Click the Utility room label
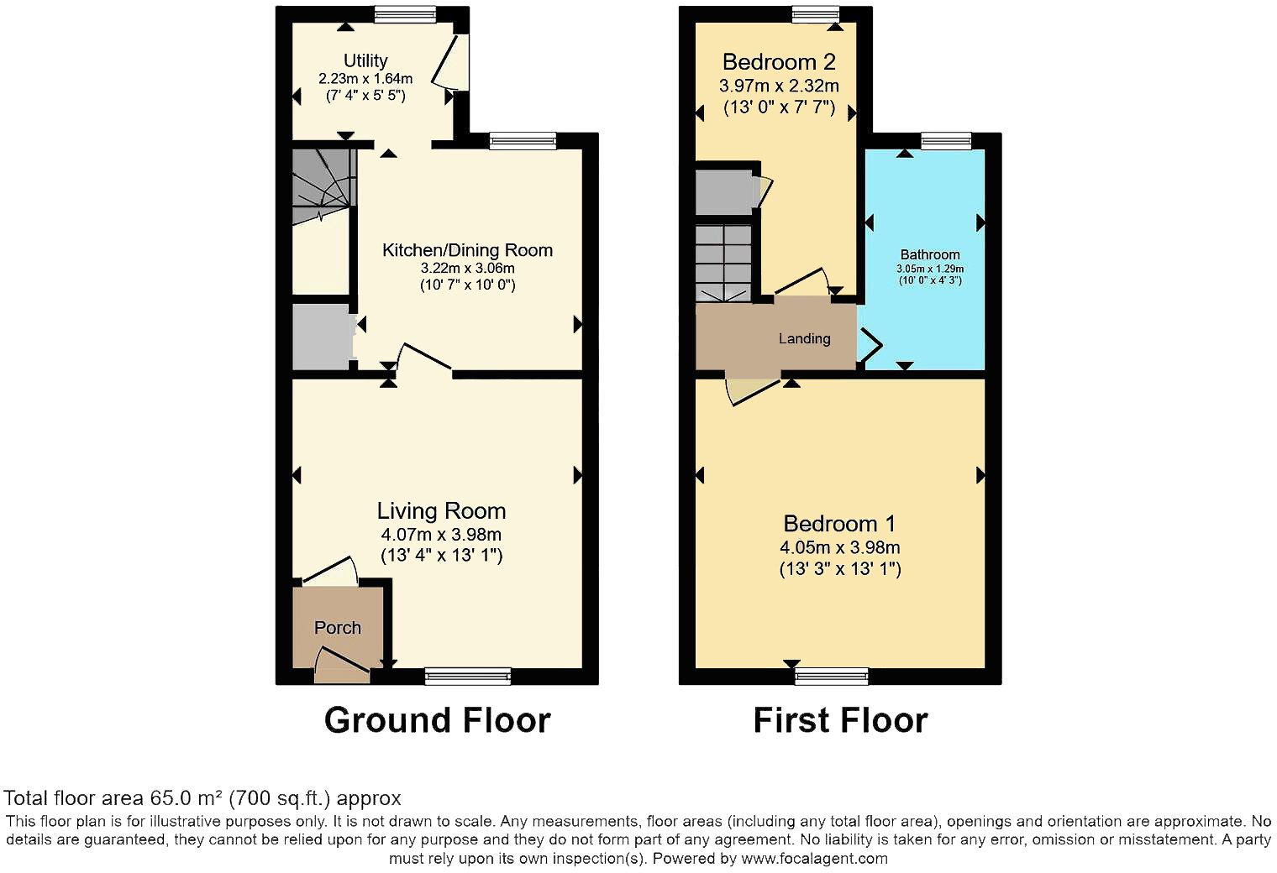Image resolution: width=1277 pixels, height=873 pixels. coord(365,60)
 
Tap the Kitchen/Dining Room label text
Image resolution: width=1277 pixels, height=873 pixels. coord(467,249)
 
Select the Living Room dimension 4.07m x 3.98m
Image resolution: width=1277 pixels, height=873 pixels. coord(441,534)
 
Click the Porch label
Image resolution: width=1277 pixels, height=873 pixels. coord(338,627)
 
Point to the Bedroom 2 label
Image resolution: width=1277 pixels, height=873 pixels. coord(779,62)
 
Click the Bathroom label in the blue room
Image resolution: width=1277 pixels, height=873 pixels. coord(929,254)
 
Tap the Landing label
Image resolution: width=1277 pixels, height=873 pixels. coord(804,338)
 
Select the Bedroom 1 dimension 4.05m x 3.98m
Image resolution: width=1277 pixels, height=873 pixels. coord(839,547)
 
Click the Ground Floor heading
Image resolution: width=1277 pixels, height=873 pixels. coord(437,720)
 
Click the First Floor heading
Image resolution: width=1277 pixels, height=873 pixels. coord(840,720)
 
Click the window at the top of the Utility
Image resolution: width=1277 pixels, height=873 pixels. coord(405,13)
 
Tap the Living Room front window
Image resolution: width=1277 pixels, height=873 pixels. coord(467,676)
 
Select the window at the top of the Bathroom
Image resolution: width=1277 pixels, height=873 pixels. coord(946,140)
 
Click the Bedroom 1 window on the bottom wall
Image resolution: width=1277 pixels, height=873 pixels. coord(832,676)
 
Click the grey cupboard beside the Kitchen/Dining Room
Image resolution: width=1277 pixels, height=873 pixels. coord(321,336)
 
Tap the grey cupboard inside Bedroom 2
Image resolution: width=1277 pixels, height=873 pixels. coord(725,191)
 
